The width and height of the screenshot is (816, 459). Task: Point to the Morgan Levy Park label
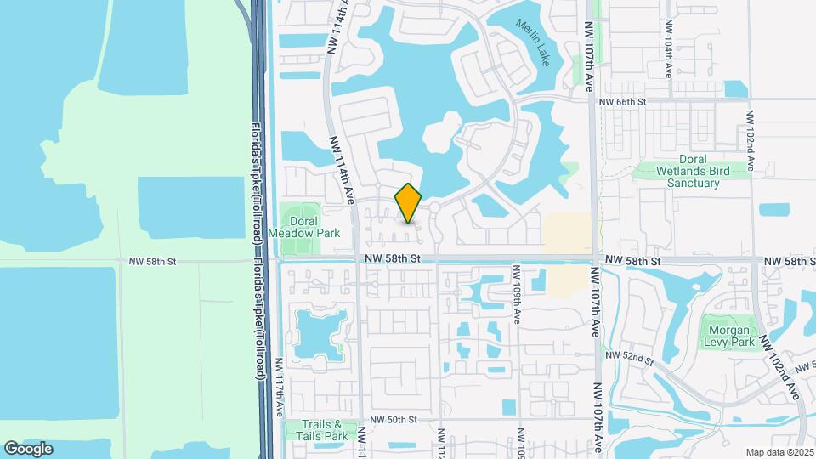(726, 335)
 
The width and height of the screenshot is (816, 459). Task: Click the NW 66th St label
(622, 102)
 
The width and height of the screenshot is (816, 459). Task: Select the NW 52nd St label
(630, 360)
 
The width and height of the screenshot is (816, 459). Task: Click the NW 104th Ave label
(670, 59)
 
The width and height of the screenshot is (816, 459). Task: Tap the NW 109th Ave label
(516, 292)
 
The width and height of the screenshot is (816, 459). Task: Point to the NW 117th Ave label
(280, 387)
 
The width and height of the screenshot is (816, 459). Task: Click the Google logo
(28, 449)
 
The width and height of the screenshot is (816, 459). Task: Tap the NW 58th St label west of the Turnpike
(150, 262)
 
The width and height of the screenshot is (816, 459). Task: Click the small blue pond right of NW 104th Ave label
(736, 88)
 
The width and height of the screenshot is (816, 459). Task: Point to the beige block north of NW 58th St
(567, 233)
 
